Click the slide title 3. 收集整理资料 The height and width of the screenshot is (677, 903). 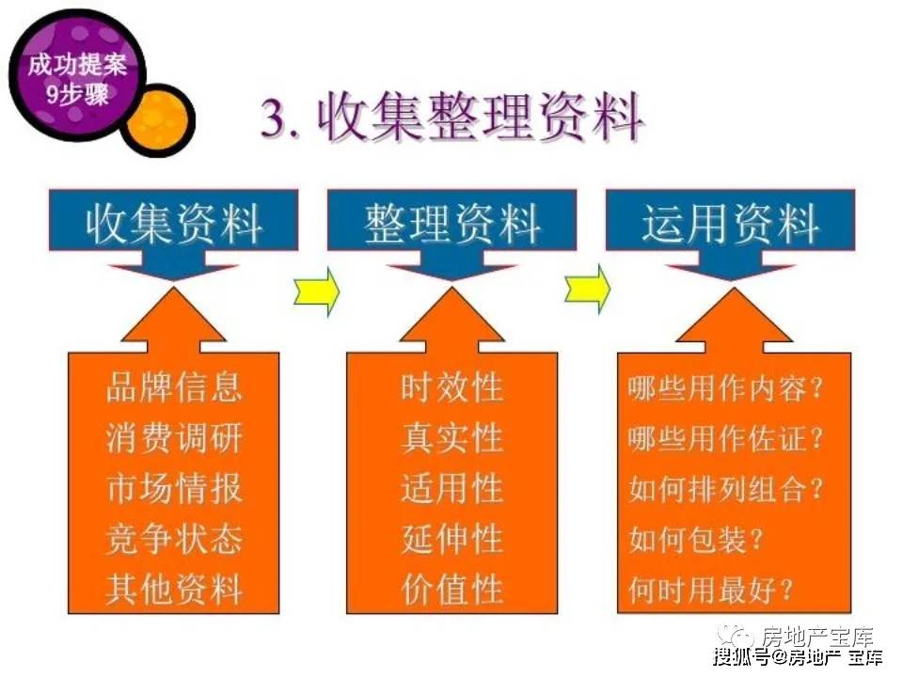tap(452, 118)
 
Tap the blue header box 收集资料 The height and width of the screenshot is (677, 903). tap(173, 220)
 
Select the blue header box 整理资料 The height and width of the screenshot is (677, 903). tap(452, 220)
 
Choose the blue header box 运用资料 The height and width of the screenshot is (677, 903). tap(730, 220)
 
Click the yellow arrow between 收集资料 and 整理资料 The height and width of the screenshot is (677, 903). tap(316, 291)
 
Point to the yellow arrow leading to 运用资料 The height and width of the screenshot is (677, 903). tap(587, 290)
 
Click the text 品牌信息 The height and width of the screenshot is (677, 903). tap(173, 386)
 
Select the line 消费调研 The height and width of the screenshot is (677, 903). tap(173, 437)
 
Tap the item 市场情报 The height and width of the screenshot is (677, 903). tap(173, 488)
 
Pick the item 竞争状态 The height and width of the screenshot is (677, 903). tap(173, 539)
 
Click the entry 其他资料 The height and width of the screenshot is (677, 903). tap(173, 590)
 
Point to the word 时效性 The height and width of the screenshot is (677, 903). tap(452, 386)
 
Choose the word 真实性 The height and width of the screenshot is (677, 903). tap(452, 437)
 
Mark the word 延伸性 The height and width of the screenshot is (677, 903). tap(452, 539)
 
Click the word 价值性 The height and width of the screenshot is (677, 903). tap(452, 590)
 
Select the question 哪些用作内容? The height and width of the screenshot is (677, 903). tap(725, 388)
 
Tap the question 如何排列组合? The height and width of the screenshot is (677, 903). tap(725, 489)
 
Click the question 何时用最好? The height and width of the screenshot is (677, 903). tap(711, 590)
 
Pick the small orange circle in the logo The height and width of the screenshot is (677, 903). tap(157, 119)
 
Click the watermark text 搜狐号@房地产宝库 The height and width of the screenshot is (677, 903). tap(798, 657)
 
